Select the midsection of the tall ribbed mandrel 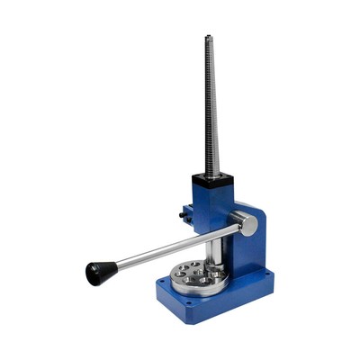(x=211, y=108)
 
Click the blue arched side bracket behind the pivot (x=253, y=238)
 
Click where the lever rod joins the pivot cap (x=236, y=228)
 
